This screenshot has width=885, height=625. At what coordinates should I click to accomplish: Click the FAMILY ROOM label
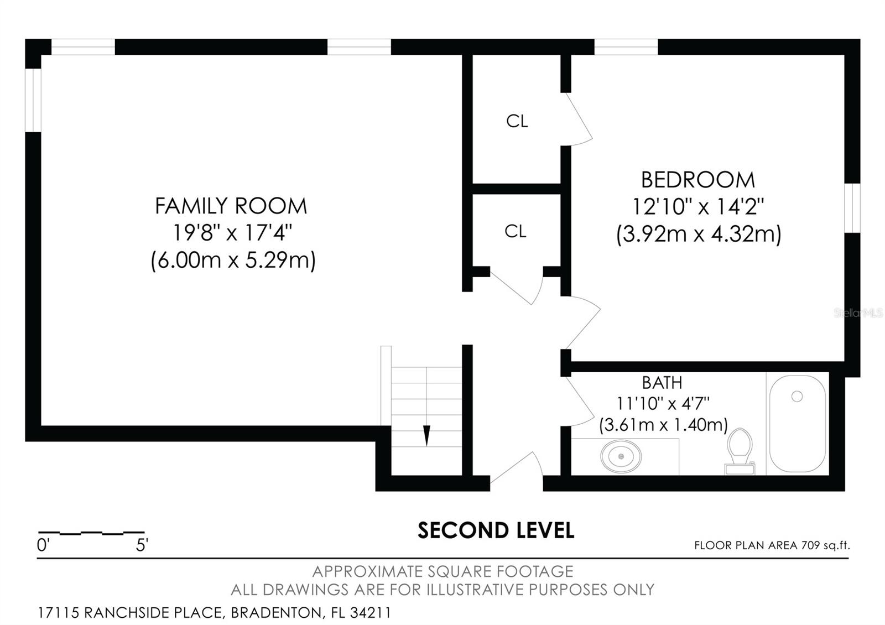click(231, 206)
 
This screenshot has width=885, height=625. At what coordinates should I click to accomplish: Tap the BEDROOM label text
click(697, 180)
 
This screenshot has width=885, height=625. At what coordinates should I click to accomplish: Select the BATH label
click(662, 383)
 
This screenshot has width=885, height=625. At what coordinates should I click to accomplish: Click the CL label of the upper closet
click(517, 121)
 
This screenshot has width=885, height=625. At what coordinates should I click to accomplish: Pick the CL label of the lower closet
click(516, 231)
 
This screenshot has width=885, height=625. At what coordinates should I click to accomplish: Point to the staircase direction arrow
click(426, 435)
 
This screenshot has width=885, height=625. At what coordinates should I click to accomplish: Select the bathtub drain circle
click(796, 396)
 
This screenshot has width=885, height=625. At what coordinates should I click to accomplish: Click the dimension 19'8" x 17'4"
click(232, 233)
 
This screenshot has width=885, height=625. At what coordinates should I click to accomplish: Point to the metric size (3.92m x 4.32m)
click(699, 234)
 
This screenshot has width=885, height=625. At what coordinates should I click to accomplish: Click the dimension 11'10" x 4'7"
click(663, 403)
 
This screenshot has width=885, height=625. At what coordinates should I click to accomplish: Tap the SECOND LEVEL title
click(496, 530)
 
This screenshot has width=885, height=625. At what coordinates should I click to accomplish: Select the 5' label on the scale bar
click(142, 545)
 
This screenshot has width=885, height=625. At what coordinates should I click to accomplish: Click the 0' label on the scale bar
click(43, 545)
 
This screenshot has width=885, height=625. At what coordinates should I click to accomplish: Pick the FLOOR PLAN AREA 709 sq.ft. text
click(772, 545)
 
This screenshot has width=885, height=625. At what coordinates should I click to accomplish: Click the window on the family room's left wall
click(33, 100)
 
